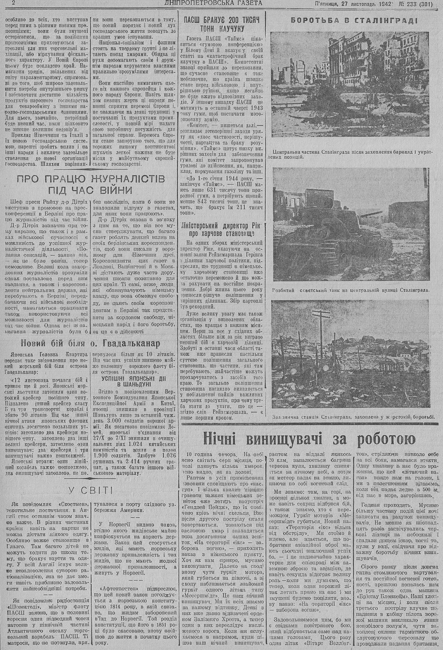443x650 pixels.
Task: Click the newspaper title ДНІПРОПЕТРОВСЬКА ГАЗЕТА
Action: pyautogui.click(x=213, y=4)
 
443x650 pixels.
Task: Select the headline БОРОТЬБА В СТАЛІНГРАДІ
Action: pyautogui.click(x=353, y=20)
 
